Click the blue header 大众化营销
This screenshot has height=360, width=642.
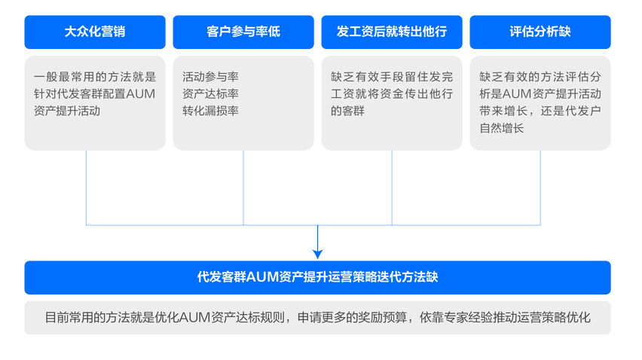click(95, 32)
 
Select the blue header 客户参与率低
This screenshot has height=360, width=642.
click(243, 32)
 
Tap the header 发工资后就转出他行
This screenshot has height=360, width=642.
click(391, 32)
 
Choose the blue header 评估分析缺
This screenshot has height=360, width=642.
click(540, 32)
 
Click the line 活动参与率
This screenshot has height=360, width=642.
click(210, 77)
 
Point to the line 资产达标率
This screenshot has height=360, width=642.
click(210, 93)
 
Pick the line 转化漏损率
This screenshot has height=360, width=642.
click(210, 111)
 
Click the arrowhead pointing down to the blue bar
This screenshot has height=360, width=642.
click(317, 253)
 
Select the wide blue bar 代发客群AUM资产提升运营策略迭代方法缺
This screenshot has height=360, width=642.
click(317, 277)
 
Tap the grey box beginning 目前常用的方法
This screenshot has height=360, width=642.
click(317, 318)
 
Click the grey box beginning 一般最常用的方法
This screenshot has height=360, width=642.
click(95, 102)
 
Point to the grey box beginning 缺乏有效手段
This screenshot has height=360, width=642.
click(391, 102)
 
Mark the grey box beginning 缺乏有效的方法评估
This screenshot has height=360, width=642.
click(540, 102)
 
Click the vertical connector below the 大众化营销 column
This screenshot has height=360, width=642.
click(86, 188)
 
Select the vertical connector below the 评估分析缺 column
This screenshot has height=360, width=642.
click(540, 188)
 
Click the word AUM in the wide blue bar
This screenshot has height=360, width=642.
click(262, 277)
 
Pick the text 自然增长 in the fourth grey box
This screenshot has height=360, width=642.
click(502, 128)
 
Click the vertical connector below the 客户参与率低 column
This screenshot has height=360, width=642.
click(243, 188)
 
